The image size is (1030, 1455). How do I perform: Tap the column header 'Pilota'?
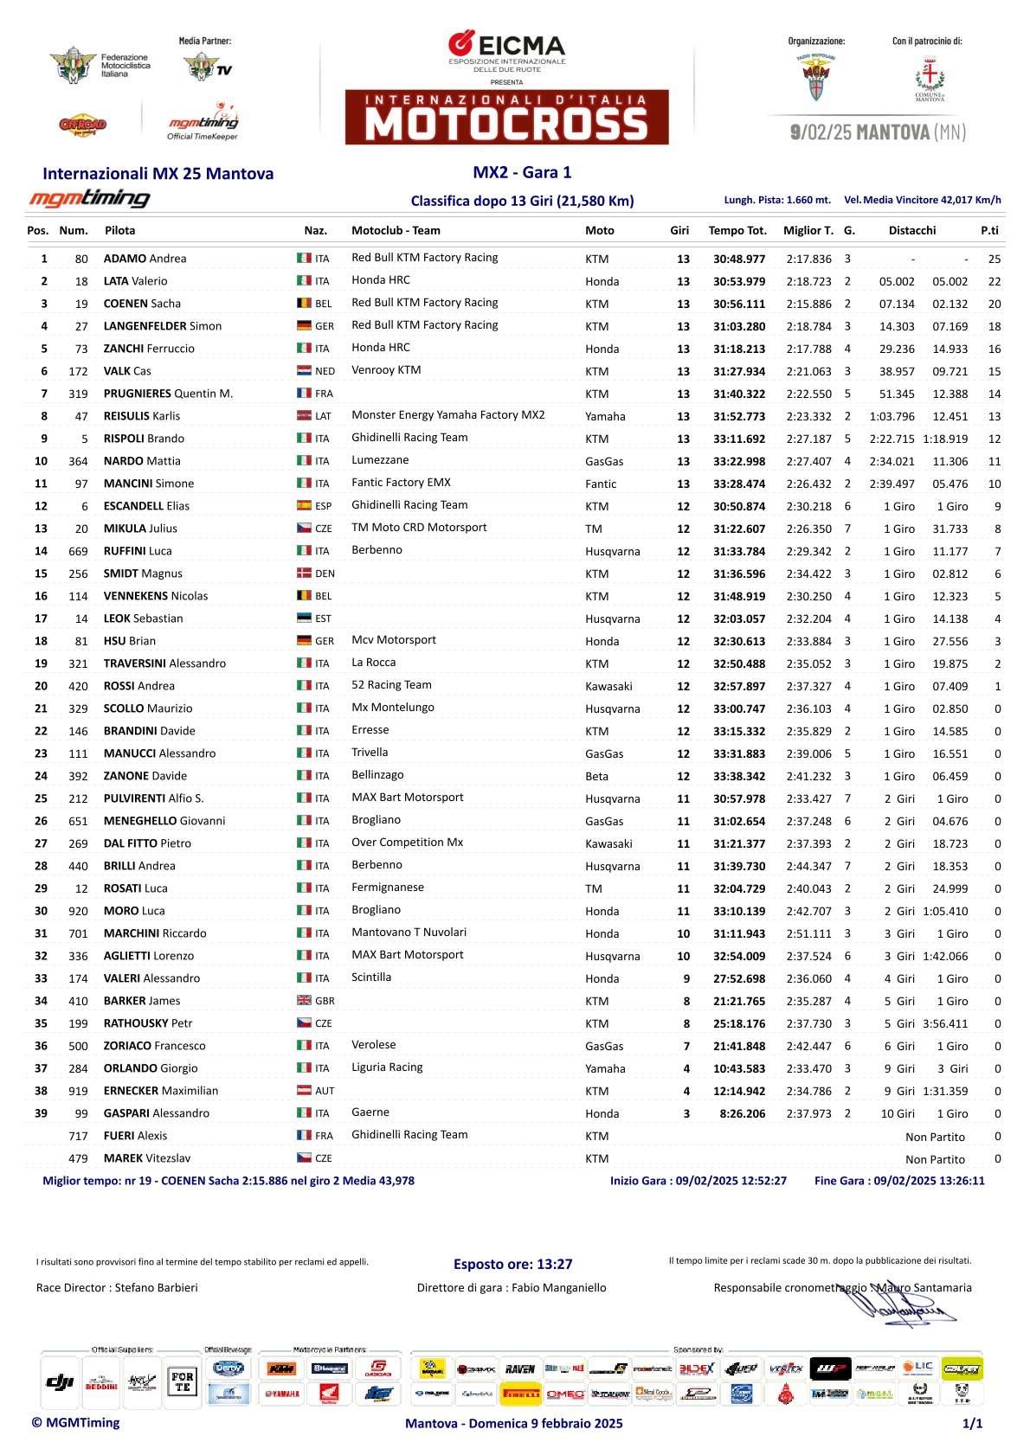coord(119,230)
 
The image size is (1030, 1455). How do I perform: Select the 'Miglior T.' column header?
coord(808,230)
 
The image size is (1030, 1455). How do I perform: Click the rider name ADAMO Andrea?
coord(145,259)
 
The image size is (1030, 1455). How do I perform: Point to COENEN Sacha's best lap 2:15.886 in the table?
coord(808,304)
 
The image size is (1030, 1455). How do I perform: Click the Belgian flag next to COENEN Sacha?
coord(304,304)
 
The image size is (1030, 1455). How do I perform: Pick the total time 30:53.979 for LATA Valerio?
coord(738,281)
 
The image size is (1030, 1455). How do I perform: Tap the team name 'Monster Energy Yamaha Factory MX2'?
coord(447,415)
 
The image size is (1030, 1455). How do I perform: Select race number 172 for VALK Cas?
coord(78,371)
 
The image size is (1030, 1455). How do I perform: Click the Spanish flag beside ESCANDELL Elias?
coord(304,506)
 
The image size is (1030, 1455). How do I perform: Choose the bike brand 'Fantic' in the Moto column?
coord(601,484)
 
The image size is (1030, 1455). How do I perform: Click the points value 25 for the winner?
coord(994,259)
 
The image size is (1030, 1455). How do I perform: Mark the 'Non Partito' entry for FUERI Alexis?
coord(935,1137)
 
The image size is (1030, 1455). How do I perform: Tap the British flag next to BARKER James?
coord(304,1001)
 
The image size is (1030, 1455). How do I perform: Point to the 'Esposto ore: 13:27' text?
coord(512,1264)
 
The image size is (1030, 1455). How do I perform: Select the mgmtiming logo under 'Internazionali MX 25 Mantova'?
coord(89,198)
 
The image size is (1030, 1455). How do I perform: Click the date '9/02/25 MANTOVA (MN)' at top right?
coord(878,132)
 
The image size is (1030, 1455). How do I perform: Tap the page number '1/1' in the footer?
coord(972,1423)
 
